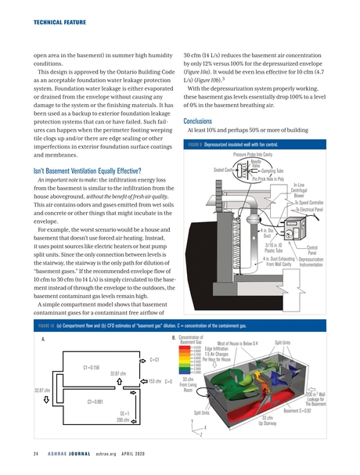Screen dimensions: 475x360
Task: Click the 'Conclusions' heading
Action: point(200,121)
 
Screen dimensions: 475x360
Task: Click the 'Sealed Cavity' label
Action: point(226,169)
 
